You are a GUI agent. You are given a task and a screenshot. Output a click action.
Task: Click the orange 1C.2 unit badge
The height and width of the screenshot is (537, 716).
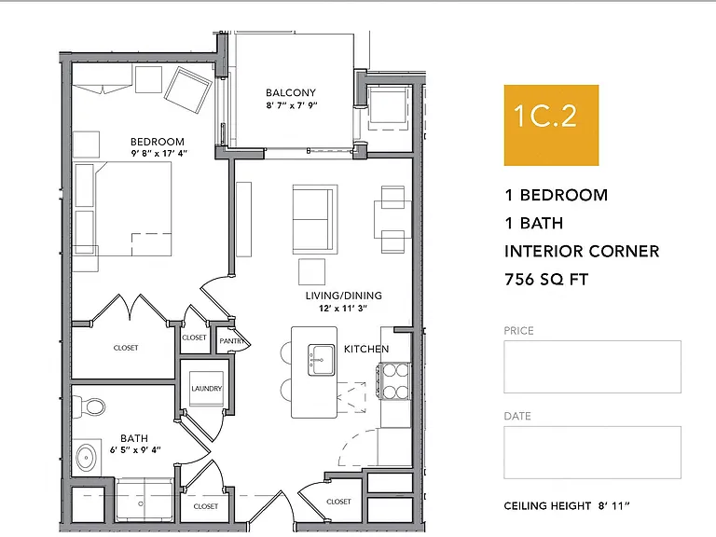click(551, 125)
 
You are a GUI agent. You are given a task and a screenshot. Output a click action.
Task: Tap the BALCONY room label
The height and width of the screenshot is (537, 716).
click(291, 92)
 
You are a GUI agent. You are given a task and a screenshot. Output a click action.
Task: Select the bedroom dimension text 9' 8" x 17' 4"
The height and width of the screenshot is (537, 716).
click(159, 154)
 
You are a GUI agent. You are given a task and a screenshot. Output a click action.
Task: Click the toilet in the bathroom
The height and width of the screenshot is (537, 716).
click(89, 406)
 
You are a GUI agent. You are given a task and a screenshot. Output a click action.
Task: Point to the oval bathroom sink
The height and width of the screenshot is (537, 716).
click(86, 458)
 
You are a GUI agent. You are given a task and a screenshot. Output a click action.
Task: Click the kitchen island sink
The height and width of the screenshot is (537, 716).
click(322, 360)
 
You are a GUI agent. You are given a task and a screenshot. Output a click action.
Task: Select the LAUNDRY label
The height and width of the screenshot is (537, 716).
click(206, 389)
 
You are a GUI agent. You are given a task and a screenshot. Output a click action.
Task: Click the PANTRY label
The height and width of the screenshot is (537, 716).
click(232, 341)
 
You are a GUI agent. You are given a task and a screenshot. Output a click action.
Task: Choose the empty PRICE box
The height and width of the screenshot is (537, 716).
click(592, 366)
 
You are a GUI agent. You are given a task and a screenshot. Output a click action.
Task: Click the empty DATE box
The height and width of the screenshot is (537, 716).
click(592, 452)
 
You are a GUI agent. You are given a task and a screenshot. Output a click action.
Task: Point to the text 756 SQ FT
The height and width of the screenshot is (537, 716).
click(546, 280)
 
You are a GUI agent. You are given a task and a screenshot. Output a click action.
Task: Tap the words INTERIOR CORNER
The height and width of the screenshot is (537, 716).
click(582, 252)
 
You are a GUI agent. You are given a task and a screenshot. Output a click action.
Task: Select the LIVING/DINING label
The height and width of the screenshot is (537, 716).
click(344, 296)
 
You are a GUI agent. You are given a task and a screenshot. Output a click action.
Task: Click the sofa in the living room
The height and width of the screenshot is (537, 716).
click(315, 219)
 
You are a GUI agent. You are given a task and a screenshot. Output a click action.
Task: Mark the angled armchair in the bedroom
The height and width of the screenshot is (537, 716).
click(187, 89)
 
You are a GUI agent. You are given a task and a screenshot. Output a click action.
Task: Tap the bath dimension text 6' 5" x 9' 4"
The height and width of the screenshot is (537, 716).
click(135, 449)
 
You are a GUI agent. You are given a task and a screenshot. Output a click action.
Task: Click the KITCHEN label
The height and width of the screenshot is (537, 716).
click(366, 350)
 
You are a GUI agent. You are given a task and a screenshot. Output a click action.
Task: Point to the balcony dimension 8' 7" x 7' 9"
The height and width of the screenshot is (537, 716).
click(292, 105)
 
